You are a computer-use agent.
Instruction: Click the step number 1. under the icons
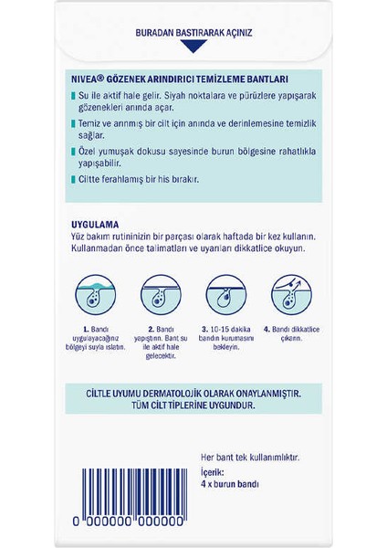[84, 327]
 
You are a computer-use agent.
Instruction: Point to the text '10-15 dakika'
[232, 327]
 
